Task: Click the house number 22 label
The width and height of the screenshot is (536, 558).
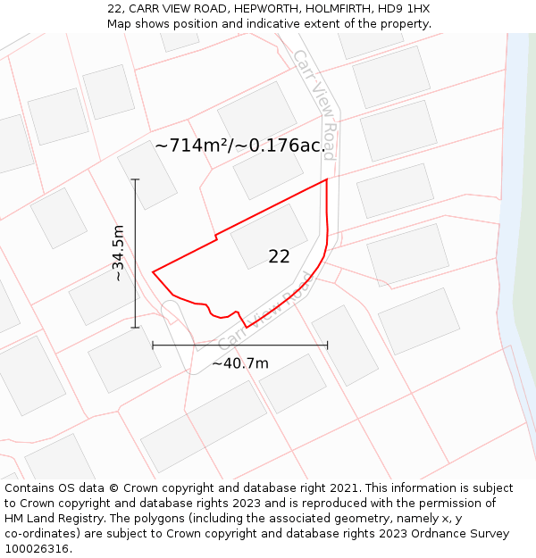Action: [279, 256]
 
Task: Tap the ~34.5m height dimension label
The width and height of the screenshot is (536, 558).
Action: [118, 254]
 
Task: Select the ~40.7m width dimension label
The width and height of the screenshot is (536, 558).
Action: [239, 363]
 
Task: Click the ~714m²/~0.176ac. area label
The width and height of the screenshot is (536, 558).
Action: [239, 146]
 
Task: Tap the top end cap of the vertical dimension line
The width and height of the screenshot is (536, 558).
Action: [135, 179]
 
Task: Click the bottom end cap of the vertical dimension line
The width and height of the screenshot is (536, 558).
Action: [135, 328]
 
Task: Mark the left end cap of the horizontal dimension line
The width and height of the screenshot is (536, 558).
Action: [153, 345]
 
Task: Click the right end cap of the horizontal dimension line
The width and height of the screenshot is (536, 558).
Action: [327, 345]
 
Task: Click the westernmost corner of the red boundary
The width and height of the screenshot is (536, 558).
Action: [154, 271]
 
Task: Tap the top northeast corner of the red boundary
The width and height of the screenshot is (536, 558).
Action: [327, 179]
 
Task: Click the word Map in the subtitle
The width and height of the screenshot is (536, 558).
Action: [121, 23]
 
